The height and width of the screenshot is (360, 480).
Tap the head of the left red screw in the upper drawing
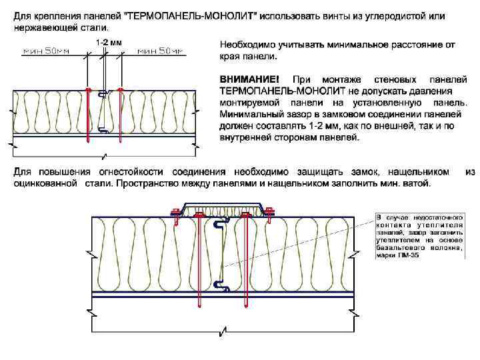tap(88, 89)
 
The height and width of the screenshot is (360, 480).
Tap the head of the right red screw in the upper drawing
tap(120, 89)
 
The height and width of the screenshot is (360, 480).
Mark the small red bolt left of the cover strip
tap(177, 212)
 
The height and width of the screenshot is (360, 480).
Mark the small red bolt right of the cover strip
tap(270, 212)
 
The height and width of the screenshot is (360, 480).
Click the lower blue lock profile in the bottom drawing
tap(221, 286)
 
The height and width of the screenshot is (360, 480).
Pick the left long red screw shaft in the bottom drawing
tap(200, 260)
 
